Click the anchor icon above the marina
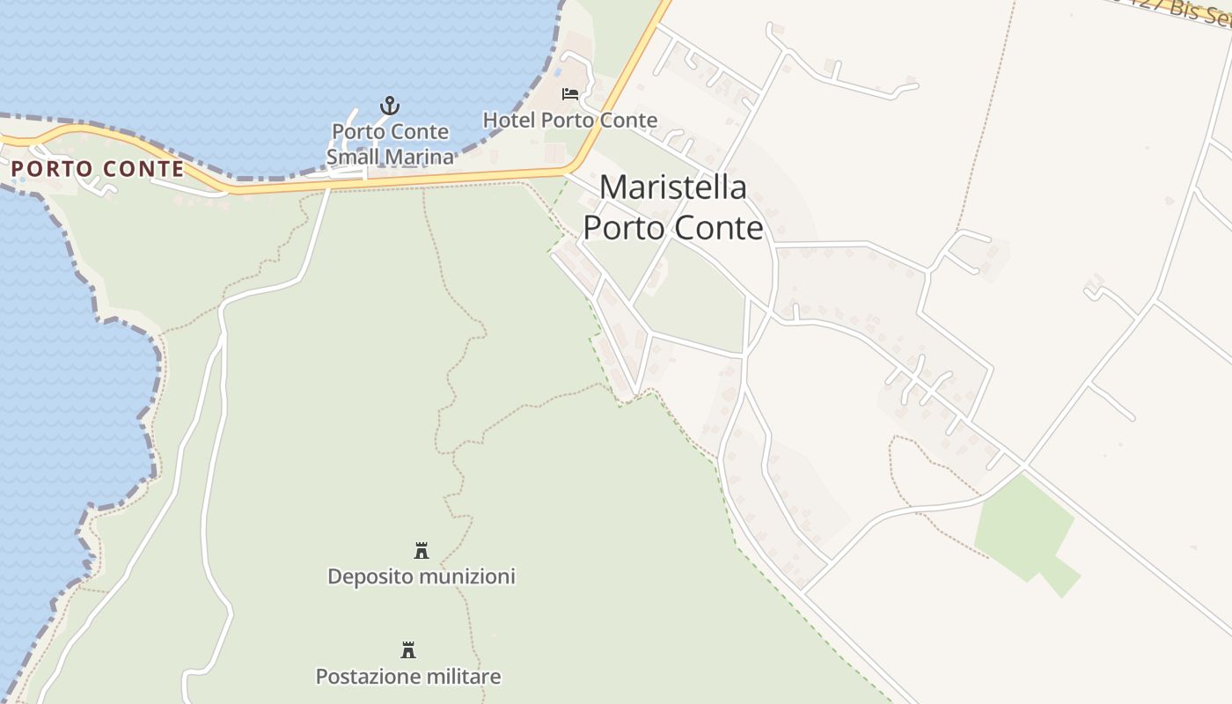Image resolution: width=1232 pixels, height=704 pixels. (389, 106)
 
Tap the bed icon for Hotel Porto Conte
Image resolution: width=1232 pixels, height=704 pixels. (570, 93)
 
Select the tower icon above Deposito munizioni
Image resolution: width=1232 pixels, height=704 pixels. (422, 551)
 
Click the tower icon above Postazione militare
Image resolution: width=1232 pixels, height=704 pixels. (408, 650)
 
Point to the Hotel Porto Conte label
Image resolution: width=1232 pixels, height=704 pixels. (569, 120)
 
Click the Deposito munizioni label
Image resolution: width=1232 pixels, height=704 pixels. (421, 576)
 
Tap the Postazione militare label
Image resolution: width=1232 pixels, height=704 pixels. (408, 677)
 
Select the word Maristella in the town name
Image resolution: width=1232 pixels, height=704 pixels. (673, 187)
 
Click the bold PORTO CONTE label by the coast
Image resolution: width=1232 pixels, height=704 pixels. (98, 169)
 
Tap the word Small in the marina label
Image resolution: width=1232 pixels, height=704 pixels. (353, 158)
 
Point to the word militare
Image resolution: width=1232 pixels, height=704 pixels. (462, 677)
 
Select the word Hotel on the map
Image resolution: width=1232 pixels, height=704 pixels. (509, 120)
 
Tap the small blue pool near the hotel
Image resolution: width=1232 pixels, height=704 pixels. (557, 72)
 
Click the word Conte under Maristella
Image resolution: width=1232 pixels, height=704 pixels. (719, 228)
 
